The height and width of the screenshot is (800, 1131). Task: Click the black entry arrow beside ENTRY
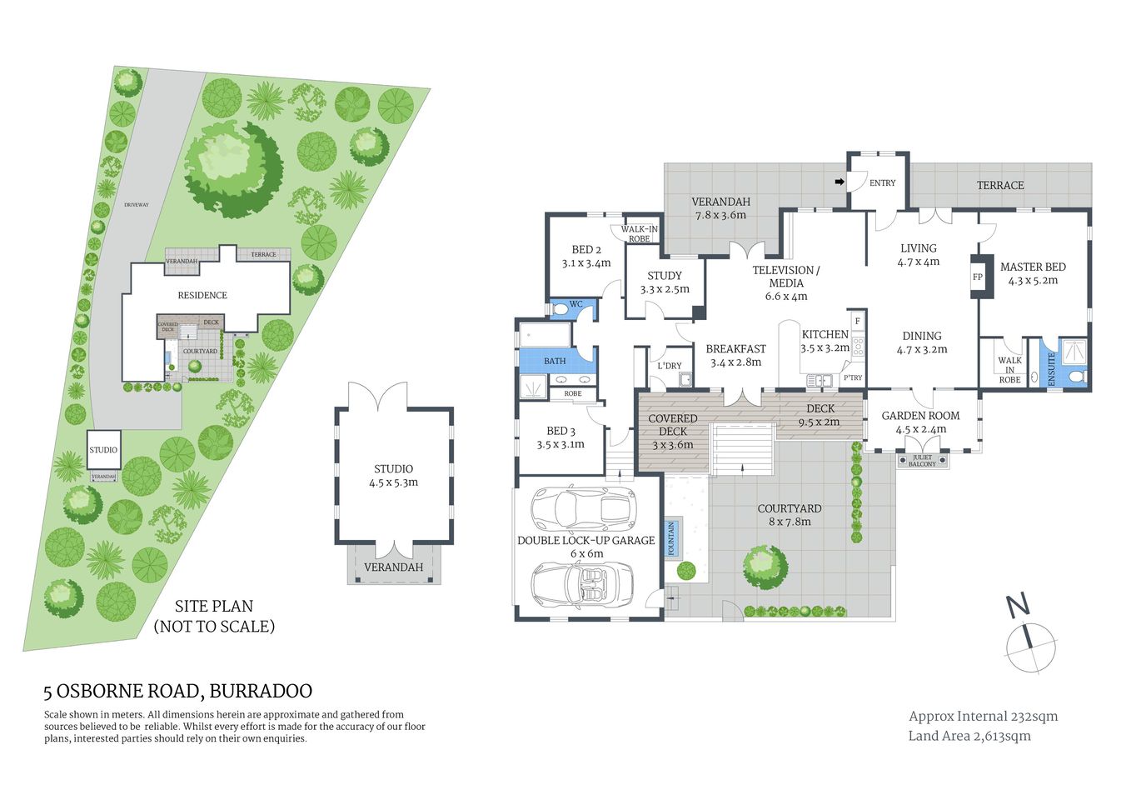click(840, 182)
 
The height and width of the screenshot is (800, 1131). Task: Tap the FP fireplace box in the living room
click(979, 277)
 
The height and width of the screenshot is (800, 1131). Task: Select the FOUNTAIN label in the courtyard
click(672, 538)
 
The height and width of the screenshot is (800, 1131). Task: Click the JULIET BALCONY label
click(922, 461)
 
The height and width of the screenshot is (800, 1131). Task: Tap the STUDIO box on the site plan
click(103, 450)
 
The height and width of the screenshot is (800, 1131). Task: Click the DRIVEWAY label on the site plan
click(136, 205)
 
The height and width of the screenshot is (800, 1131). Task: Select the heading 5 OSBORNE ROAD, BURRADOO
click(178, 691)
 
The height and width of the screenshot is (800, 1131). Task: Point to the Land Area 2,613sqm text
click(969, 736)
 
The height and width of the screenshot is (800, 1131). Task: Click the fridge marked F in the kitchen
click(857, 321)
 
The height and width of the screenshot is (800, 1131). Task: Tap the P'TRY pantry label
click(853, 378)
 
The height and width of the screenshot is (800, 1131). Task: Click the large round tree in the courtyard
click(765, 567)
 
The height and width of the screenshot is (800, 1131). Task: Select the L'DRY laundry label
click(670, 366)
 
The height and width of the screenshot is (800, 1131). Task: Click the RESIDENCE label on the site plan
click(202, 295)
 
